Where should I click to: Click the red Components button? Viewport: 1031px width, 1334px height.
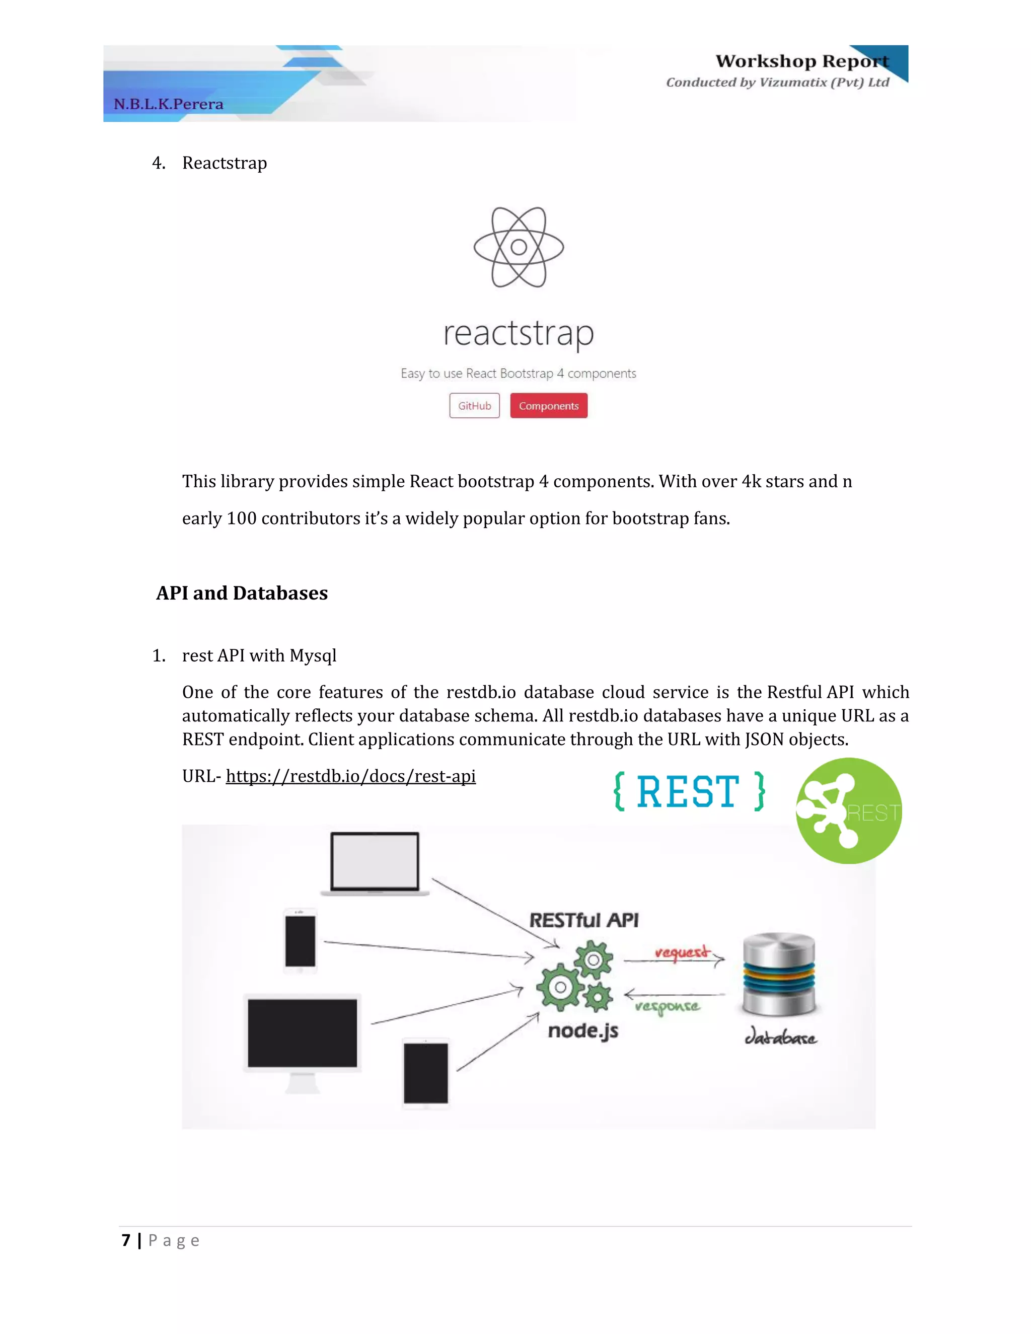(549, 406)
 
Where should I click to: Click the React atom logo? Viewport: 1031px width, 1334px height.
(519, 247)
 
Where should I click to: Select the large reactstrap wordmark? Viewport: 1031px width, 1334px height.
(519, 333)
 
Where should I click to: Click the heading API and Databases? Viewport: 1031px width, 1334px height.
(242, 592)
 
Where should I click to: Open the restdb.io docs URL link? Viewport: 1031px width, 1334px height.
(350, 776)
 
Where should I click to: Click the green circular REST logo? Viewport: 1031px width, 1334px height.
(848, 810)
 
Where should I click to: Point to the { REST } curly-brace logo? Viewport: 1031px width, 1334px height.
(689, 792)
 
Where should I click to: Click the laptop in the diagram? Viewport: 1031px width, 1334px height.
(375, 863)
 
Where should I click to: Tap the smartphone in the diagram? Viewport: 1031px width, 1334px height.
(300, 941)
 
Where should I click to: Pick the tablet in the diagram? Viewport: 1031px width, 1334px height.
(426, 1073)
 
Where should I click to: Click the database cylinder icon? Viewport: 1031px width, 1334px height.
(779, 974)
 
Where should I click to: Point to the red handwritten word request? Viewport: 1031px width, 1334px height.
(682, 952)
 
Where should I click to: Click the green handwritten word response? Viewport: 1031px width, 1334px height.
(667, 1006)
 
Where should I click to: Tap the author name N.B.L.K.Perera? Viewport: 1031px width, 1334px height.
(169, 104)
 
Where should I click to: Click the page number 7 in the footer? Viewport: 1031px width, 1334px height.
(126, 1240)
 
